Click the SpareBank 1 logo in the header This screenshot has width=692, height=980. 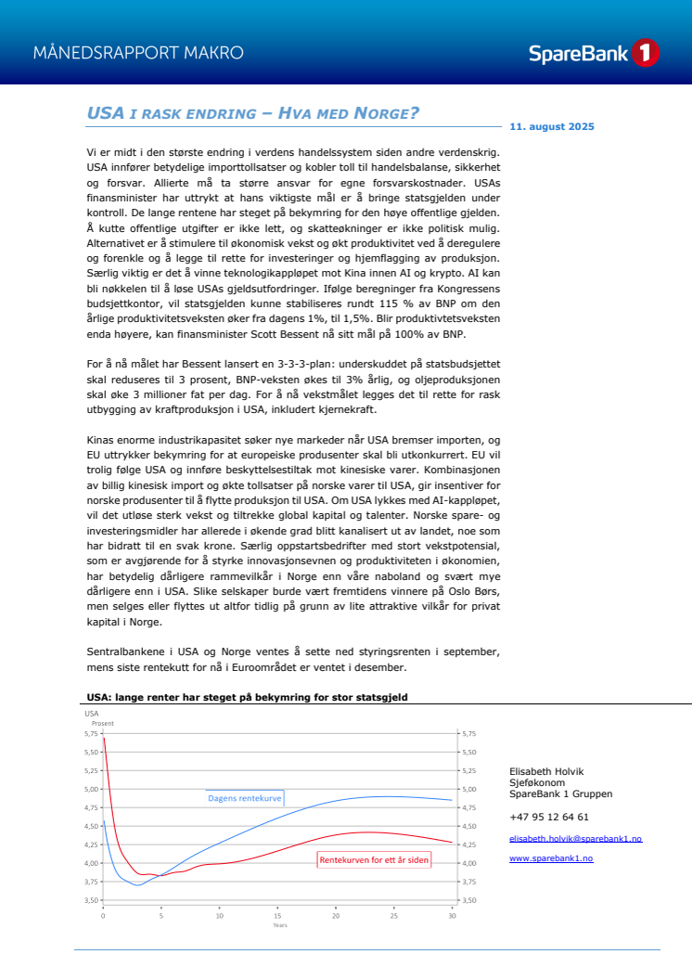[x=594, y=53]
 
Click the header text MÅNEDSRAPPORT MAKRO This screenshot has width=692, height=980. [x=138, y=53]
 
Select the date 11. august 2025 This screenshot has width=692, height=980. [x=553, y=126]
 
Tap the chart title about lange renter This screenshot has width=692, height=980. [x=246, y=696]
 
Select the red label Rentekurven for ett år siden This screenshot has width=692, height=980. [x=374, y=860]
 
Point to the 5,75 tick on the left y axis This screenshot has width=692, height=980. [x=91, y=733]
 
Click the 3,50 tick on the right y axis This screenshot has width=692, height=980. [x=468, y=900]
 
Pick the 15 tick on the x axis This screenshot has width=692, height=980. [x=277, y=916]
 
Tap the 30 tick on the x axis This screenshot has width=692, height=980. [x=451, y=916]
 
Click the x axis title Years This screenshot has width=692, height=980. [x=279, y=925]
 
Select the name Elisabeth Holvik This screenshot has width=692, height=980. [x=546, y=771]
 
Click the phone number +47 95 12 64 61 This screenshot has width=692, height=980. [x=549, y=817]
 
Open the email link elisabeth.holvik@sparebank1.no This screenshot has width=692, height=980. [x=575, y=839]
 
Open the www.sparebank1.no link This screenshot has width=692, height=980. [x=551, y=858]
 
